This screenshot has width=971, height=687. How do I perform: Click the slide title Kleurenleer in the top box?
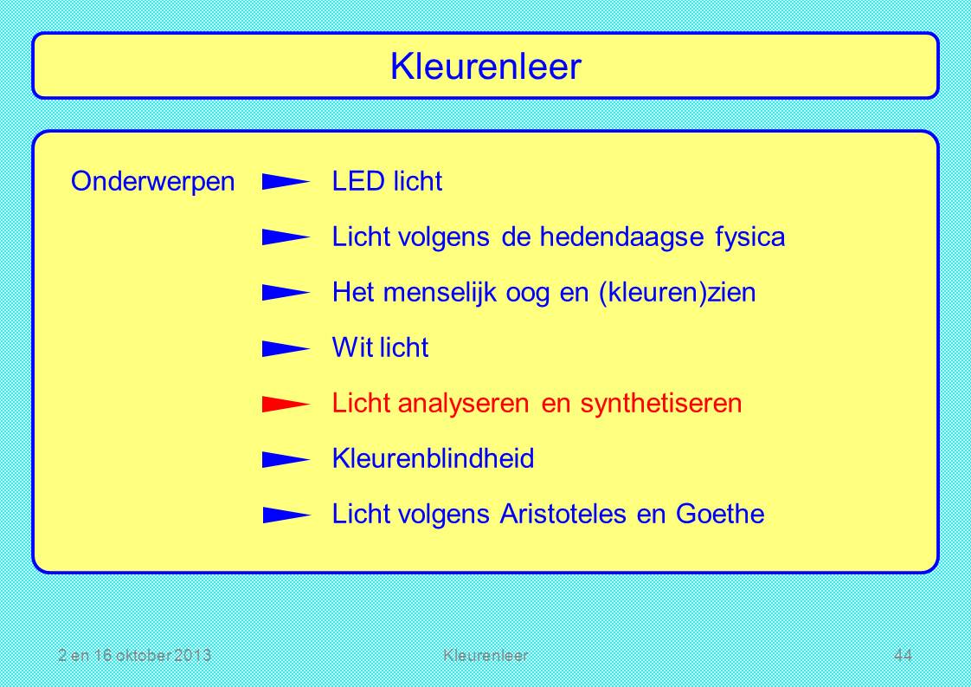(486, 67)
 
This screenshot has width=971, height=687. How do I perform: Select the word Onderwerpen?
(153, 182)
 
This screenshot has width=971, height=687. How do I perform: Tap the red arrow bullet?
(286, 405)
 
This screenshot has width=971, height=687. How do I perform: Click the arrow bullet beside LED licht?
(286, 182)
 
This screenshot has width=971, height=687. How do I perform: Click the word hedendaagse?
(621, 237)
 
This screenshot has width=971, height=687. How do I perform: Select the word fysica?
(750, 237)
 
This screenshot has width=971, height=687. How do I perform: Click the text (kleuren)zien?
(677, 293)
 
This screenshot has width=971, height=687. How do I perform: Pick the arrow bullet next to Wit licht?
(286, 348)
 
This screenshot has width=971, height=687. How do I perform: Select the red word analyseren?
(463, 404)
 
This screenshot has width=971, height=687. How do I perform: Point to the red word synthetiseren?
(661, 404)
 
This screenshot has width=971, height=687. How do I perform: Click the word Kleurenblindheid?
(433, 459)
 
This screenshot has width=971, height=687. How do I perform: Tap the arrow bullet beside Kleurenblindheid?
(286, 459)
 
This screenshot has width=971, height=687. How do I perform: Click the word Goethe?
(719, 514)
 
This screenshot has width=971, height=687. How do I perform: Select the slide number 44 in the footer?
(903, 655)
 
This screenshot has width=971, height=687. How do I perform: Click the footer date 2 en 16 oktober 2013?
(134, 655)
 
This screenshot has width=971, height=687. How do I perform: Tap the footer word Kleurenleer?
(486, 655)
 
